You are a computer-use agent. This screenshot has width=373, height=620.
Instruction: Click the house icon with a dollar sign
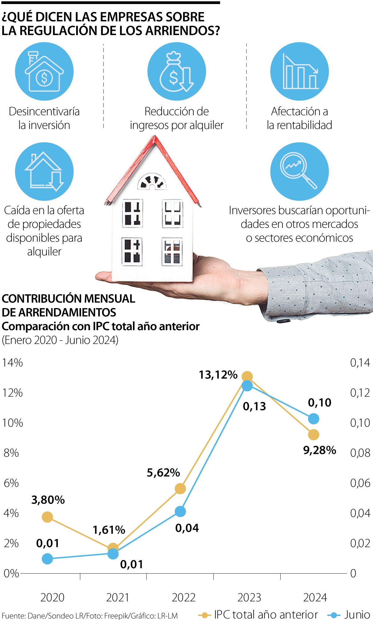click(44, 72)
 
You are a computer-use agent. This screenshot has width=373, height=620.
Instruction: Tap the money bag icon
click(176, 72)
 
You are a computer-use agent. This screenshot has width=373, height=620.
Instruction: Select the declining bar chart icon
click(299, 72)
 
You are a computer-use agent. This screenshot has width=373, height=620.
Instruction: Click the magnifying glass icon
click(299, 171)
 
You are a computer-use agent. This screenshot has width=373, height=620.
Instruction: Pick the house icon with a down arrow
click(44, 171)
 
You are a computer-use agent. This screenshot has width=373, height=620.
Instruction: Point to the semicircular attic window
click(152, 182)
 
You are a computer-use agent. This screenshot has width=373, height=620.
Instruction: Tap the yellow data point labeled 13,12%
click(247, 377)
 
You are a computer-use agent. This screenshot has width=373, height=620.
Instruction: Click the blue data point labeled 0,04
click(180, 511)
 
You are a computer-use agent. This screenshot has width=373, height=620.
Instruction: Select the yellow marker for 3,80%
click(47, 517)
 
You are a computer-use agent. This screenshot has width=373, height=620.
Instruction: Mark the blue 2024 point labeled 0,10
click(314, 419)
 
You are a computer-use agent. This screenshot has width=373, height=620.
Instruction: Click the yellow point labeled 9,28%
click(314, 435)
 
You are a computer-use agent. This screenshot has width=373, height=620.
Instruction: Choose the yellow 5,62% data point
click(180, 488)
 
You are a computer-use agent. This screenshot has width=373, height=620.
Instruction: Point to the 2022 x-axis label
click(183, 597)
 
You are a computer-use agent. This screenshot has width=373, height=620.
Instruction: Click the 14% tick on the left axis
click(12, 363)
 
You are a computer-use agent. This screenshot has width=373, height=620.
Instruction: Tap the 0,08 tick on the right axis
click(360, 453)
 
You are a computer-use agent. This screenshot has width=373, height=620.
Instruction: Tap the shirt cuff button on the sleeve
click(283, 321)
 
